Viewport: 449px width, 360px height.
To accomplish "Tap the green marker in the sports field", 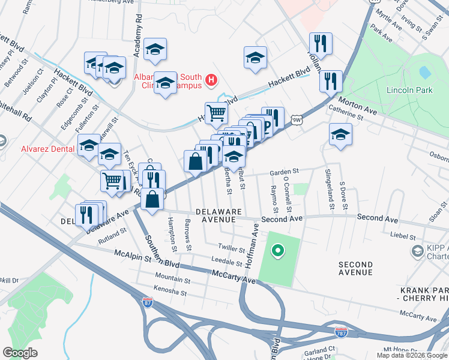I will click(277, 250).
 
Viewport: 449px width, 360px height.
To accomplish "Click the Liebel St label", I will click(403, 235).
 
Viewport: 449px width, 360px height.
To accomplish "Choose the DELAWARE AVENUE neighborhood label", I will click(218, 216).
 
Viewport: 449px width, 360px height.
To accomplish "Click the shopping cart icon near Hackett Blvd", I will click(216, 112).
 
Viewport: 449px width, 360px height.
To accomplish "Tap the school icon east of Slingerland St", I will click(340, 134).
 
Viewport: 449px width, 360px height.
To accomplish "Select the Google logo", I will click(20, 352).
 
